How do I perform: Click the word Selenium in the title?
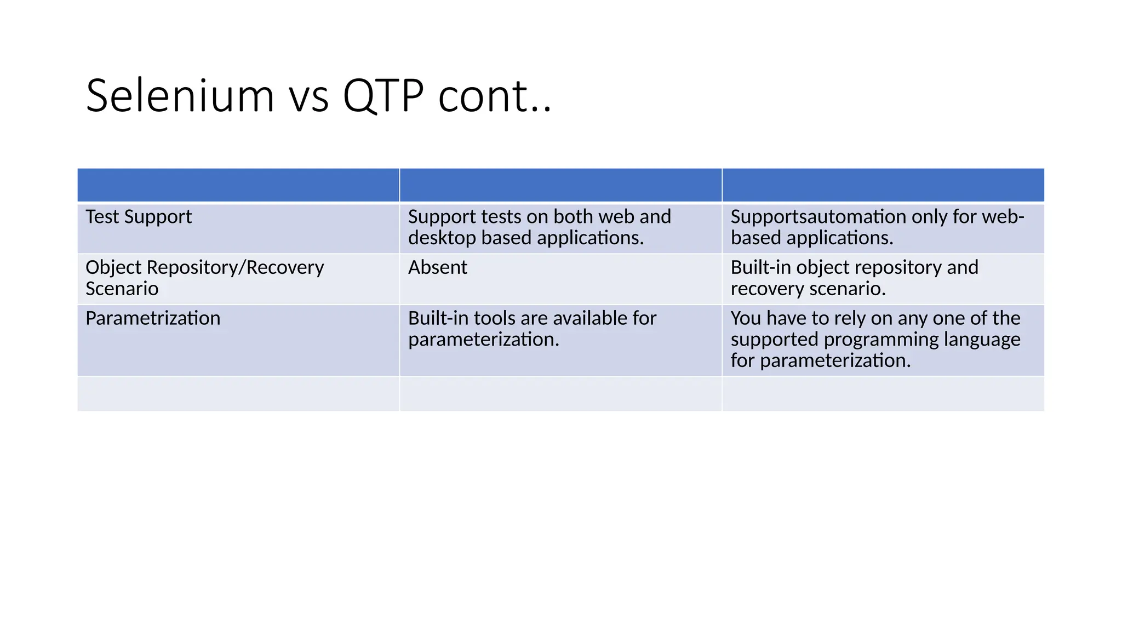[180, 96]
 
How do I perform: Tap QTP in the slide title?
[383, 96]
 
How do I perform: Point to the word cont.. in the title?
[494, 97]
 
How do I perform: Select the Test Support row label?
[139, 217]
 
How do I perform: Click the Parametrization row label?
[153, 318]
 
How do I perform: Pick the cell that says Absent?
[437, 267]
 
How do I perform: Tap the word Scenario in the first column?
[122, 289]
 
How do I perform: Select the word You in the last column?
[746, 318]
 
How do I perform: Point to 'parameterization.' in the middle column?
[483, 340]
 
